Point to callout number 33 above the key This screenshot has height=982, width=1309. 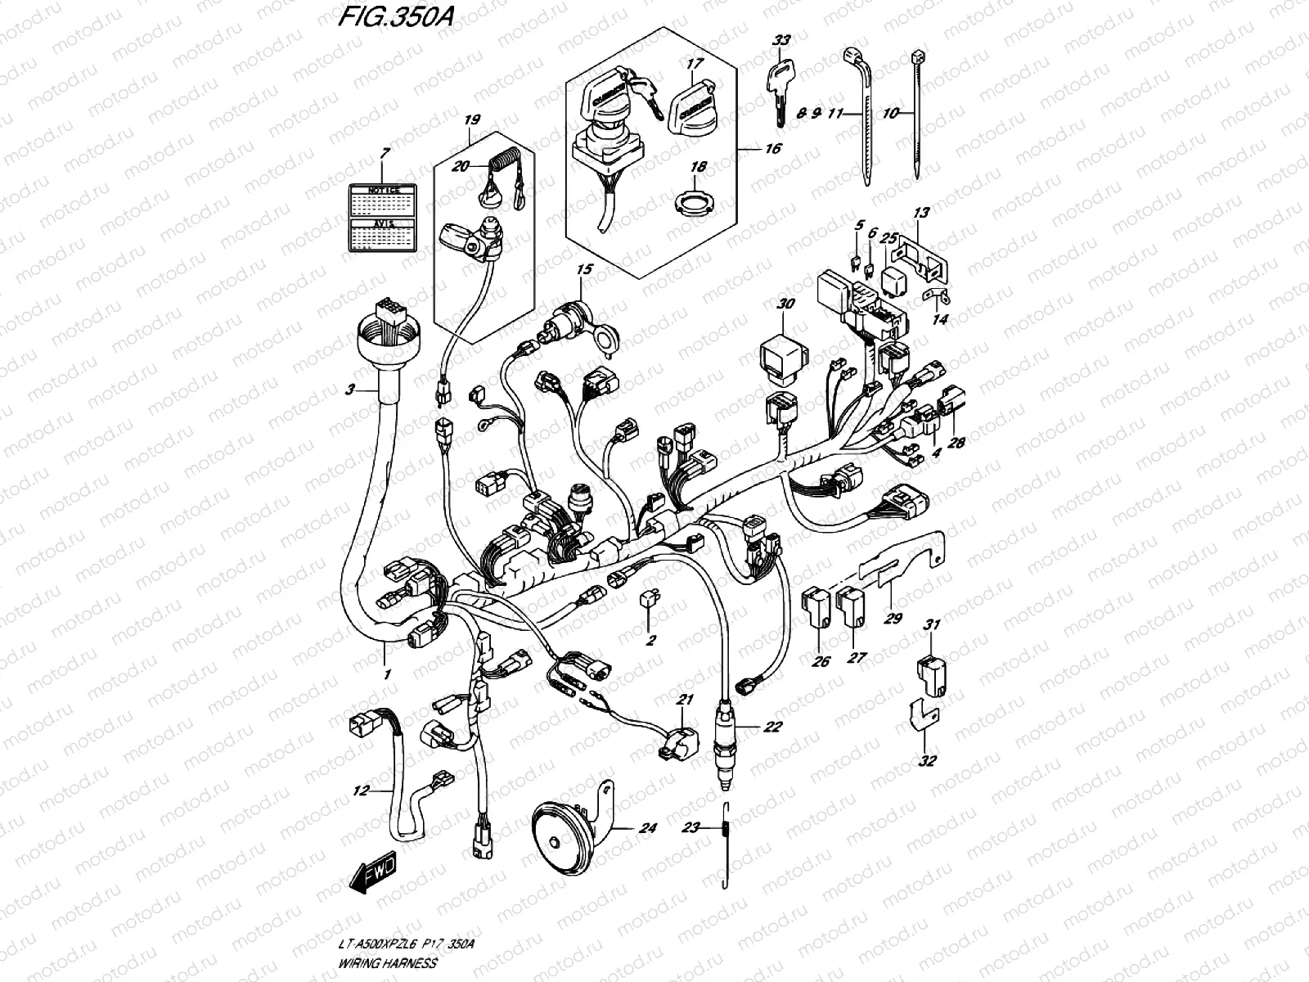[x=782, y=38]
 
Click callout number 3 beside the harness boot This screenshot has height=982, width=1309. [x=349, y=390]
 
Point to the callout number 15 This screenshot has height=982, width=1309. [x=583, y=269]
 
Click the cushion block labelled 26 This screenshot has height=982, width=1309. [x=818, y=606]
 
